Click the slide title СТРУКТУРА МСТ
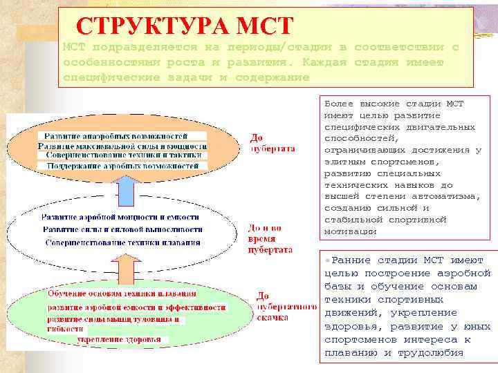click(185, 25)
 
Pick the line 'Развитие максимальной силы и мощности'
click(122, 146)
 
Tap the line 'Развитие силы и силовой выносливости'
click(122, 229)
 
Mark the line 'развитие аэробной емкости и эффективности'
click(136, 307)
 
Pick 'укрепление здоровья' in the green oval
click(118, 339)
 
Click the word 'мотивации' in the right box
click(351, 231)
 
